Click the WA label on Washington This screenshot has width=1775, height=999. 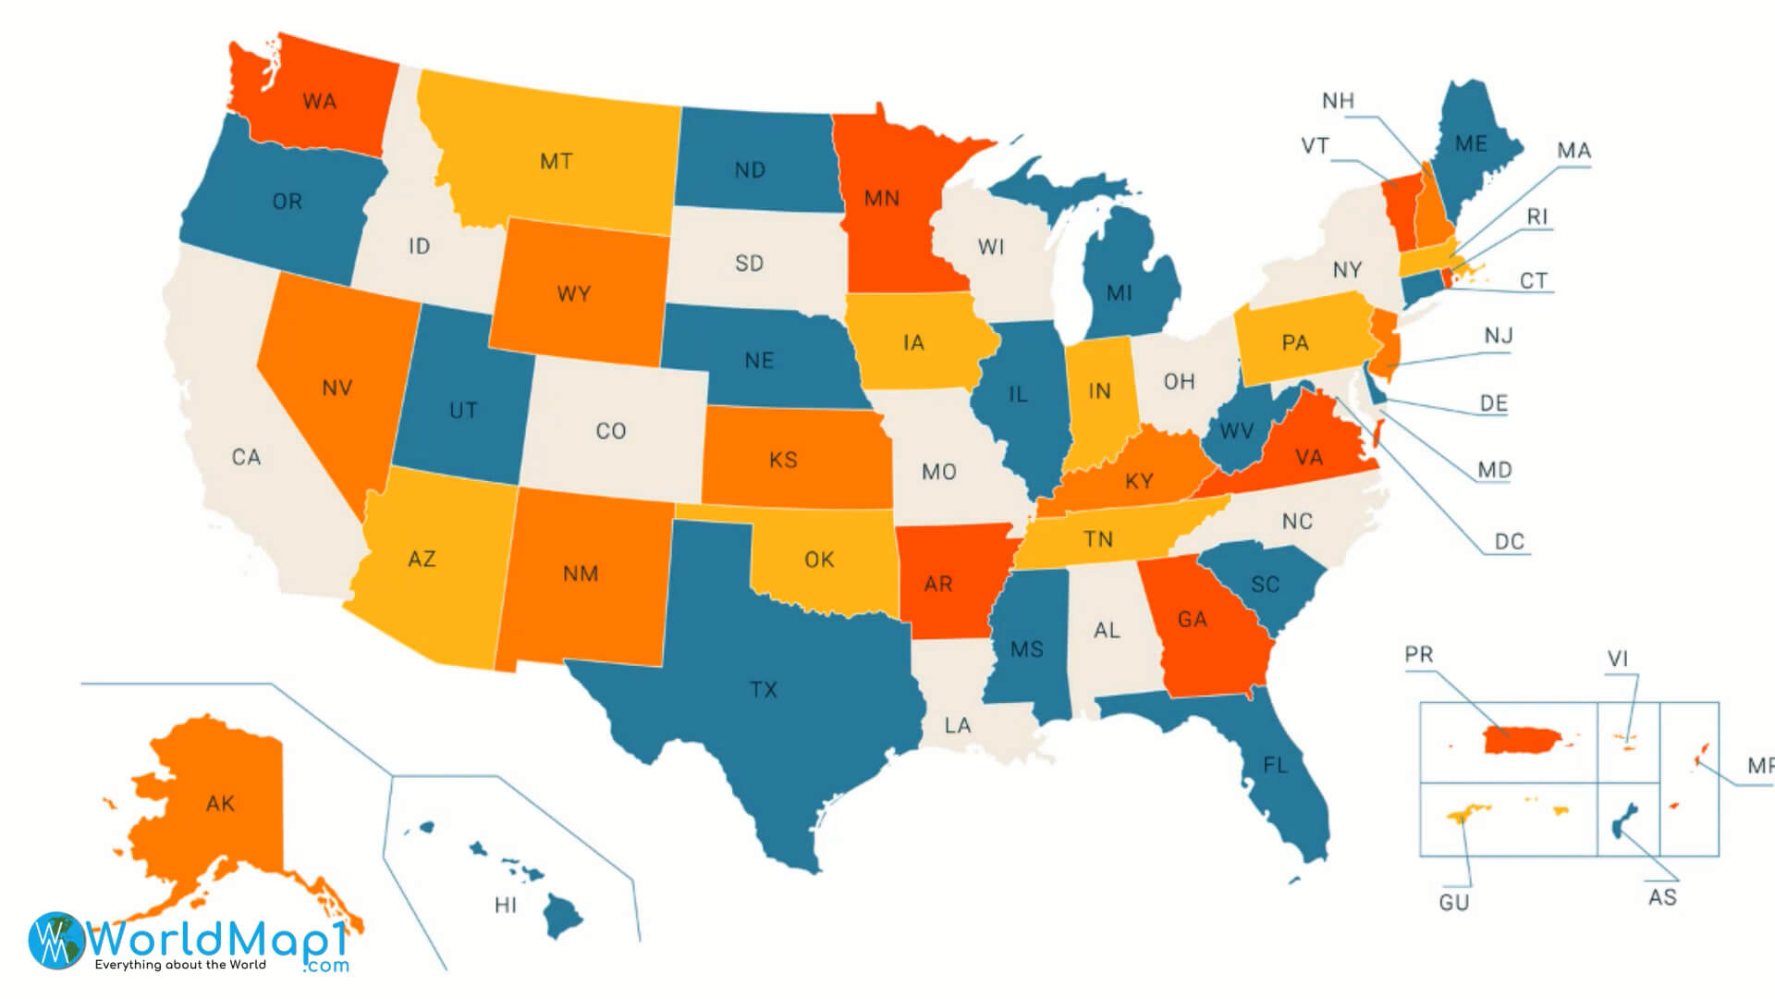(x=319, y=102)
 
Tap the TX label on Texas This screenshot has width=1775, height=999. (x=764, y=689)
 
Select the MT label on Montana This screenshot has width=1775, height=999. (x=556, y=162)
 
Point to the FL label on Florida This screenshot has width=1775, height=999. (x=1276, y=765)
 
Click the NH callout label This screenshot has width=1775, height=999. (x=1338, y=101)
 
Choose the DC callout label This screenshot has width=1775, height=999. (x=1509, y=541)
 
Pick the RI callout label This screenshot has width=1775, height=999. (x=1536, y=216)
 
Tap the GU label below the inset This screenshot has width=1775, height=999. (x=1453, y=902)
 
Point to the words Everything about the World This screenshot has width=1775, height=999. (x=180, y=965)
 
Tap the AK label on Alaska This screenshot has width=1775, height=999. (x=220, y=803)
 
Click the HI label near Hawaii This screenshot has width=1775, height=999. (x=506, y=905)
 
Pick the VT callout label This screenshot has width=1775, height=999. (x=1315, y=146)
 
